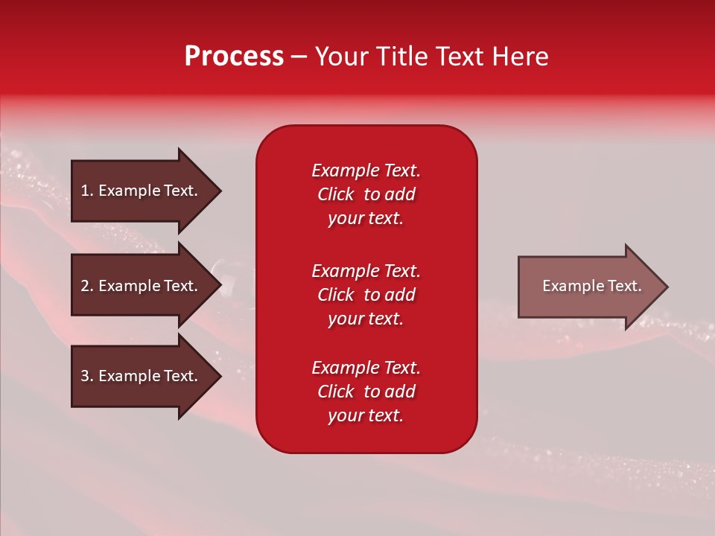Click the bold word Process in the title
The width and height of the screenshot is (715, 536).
pyautogui.click(x=234, y=57)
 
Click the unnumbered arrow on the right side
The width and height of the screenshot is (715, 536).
pyautogui.click(x=588, y=286)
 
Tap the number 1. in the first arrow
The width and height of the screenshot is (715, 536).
pyautogui.click(x=87, y=191)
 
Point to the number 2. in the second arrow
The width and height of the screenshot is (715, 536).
pyautogui.click(x=87, y=286)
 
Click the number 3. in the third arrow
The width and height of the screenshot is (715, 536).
pyautogui.click(x=87, y=376)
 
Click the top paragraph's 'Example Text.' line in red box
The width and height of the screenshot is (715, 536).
pyautogui.click(x=366, y=170)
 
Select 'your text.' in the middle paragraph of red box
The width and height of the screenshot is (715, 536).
pyautogui.click(x=366, y=319)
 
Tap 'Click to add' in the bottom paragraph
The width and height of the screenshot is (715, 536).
pyautogui.click(x=366, y=392)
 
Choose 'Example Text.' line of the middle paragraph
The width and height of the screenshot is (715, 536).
pyautogui.click(x=366, y=271)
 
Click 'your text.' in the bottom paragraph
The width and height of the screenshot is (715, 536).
pyautogui.click(x=366, y=416)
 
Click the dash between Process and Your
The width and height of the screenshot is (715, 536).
pyautogui.click(x=299, y=57)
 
